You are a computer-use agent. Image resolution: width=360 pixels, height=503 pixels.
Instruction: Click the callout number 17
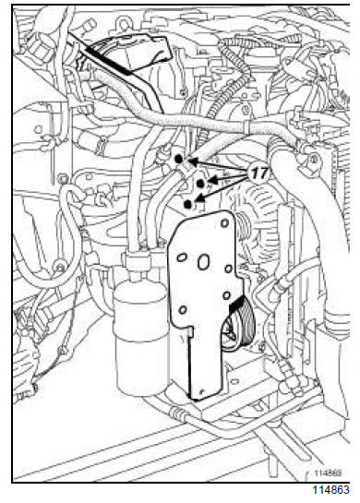click(x=258, y=174)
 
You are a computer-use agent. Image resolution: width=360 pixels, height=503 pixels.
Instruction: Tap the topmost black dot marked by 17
click(x=178, y=159)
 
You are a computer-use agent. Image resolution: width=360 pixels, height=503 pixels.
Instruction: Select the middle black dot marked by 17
click(x=200, y=184)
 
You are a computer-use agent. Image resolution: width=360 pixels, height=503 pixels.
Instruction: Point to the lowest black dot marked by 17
click(x=188, y=204)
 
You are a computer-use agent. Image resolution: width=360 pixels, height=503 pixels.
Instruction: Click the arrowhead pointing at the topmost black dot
click(x=192, y=162)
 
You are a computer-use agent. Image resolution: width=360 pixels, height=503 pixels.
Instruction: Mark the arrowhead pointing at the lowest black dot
click(x=199, y=199)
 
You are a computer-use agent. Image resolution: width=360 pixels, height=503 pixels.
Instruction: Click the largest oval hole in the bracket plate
click(x=203, y=262)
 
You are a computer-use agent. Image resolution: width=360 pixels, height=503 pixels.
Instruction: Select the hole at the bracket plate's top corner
click(x=225, y=222)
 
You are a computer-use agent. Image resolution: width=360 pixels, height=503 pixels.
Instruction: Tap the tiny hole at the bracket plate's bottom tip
click(x=201, y=391)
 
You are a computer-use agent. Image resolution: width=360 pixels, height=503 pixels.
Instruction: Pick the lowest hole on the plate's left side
click(x=183, y=310)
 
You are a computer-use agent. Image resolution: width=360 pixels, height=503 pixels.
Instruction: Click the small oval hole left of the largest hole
click(x=182, y=257)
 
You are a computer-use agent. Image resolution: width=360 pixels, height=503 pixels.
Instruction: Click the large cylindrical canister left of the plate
click(x=141, y=337)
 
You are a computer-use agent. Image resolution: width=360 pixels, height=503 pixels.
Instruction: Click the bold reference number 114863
click(x=330, y=490)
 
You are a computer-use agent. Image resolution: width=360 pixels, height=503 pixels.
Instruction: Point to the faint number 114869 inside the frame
click(x=328, y=473)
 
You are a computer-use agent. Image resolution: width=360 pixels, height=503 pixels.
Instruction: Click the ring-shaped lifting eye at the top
click(x=124, y=24)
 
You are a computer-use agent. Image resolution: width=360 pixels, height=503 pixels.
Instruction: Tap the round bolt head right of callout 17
click(x=313, y=159)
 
